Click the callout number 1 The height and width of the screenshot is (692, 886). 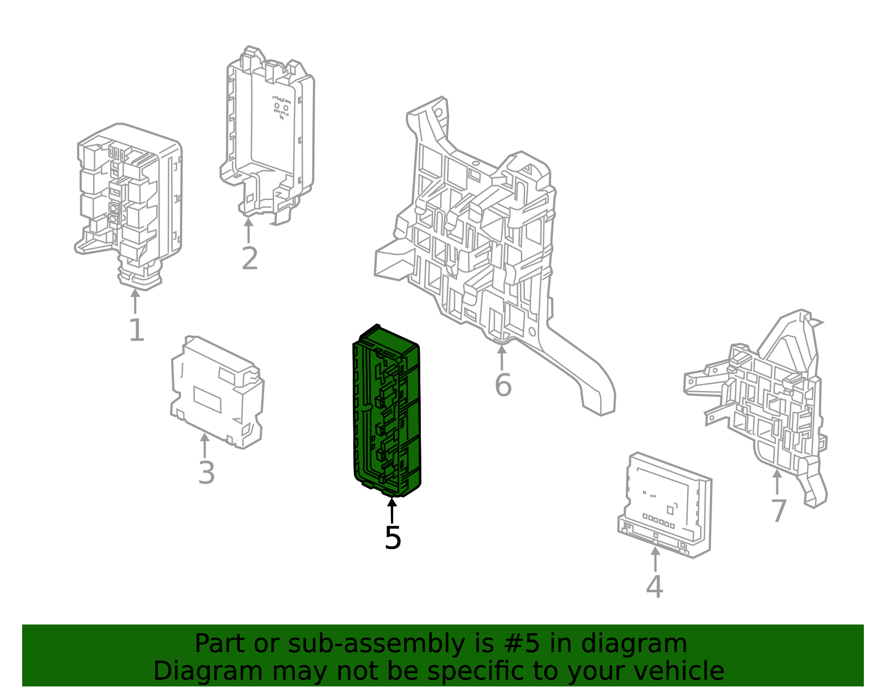[x=137, y=330]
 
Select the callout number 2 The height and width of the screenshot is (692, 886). [x=250, y=259]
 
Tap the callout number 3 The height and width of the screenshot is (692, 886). [x=207, y=473]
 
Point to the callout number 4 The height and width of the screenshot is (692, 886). [x=655, y=586]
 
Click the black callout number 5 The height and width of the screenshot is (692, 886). [x=393, y=538]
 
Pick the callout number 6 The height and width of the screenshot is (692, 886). [x=503, y=385]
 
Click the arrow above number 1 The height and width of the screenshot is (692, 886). [x=135, y=301]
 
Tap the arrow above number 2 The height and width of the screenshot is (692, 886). [x=249, y=230]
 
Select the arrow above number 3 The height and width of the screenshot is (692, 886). [x=205, y=445]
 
